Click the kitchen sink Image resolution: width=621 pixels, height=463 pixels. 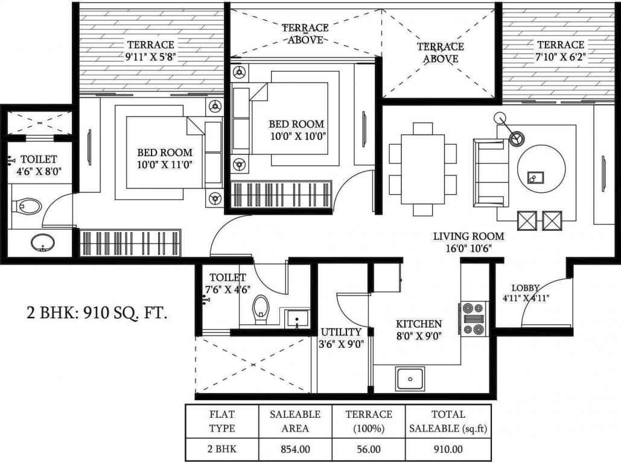[x=410, y=379]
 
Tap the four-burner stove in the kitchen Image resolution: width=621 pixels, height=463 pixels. [x=474, y=319]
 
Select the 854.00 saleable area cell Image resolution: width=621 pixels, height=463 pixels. [x=296, y=450]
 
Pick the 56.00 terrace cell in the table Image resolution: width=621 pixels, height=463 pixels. [x=368, y=450]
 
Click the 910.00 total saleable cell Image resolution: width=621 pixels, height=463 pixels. [x=448, y=450]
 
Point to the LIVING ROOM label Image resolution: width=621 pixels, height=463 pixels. [x=468, y=236]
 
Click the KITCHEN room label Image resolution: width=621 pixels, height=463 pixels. [x=419, y=324]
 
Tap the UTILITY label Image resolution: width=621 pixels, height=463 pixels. [x=341, y=332]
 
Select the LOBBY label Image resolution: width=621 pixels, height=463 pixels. [x=526, y=288]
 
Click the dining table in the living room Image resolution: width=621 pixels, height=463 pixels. [x=422, y=169]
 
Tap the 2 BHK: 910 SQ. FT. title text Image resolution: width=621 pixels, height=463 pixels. [x=97, y=313]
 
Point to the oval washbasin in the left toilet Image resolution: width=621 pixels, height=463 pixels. [x=42, y=242]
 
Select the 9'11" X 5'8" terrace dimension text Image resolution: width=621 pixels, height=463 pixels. [x=150, y=57]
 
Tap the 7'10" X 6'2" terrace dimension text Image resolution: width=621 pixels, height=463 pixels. [x=561, y=57]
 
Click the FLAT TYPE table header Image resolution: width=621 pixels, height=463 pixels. [x=222, y=421]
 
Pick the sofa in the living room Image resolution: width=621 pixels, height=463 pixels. [x=491, y=173]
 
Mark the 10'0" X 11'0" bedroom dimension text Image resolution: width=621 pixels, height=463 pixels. [x=164, y=164]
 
